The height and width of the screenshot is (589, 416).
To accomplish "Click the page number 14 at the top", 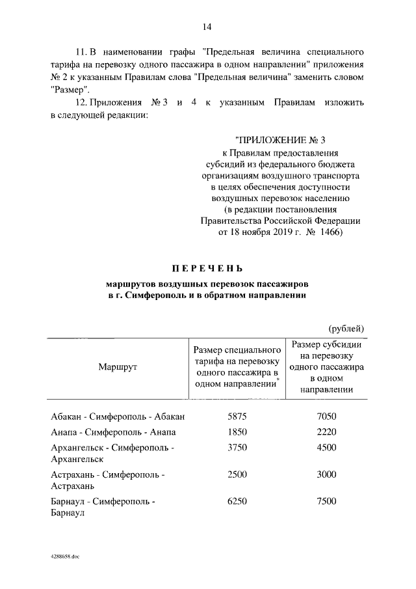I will [x=207, y=26].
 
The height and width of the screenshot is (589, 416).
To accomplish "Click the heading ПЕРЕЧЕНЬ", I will [x=207, y=268].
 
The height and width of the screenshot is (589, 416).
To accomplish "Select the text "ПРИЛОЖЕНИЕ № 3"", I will [x=281, y=140].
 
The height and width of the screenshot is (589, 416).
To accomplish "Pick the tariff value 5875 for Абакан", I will [x=237, y=417].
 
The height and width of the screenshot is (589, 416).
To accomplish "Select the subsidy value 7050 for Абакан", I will [x=326, y=417].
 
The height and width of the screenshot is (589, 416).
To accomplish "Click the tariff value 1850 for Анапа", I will [x=237, y=432].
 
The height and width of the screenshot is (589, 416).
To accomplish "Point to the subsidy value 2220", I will [x=326, y=432].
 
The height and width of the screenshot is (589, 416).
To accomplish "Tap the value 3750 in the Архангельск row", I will [x=237, y=448].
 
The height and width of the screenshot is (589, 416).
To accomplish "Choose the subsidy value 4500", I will [x=326, y=448].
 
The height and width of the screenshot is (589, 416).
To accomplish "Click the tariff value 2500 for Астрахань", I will [x=237, y=474].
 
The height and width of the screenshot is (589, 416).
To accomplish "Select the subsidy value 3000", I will [x=326, y=474].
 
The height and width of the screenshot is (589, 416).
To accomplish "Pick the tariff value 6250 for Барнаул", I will [x=237, y=502].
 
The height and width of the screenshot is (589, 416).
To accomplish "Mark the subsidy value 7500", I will [x=326, y=502].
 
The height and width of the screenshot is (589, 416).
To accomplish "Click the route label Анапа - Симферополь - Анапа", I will [x=113, y=432].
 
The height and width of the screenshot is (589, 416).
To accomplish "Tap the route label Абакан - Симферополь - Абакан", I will [x=118, y=417].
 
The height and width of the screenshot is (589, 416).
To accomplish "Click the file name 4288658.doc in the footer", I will [x=63, y=557].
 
